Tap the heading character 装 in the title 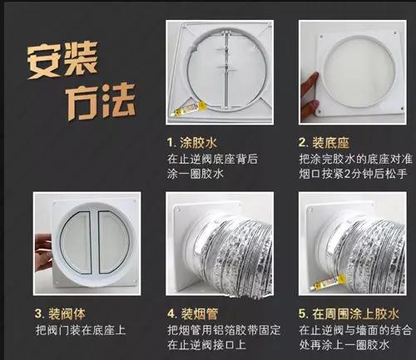tap(101, 61)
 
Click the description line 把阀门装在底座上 tap(82, 331)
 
